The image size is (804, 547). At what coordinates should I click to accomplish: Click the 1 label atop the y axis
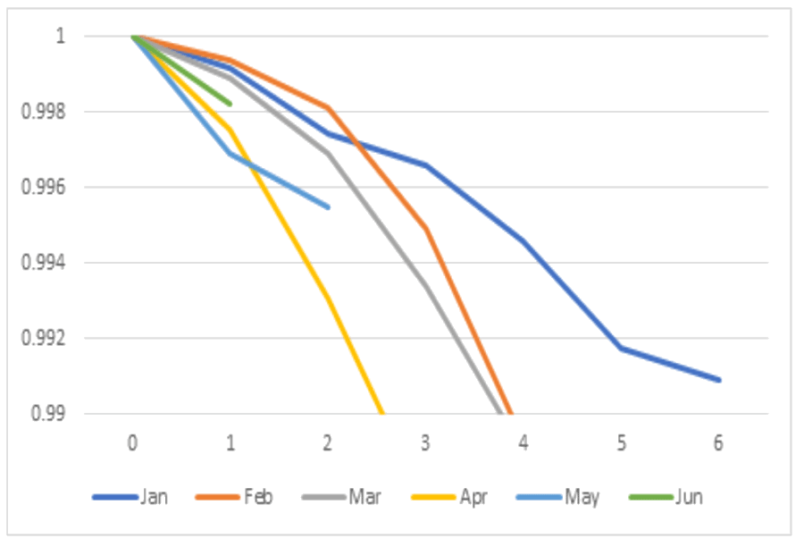tap(61, 37)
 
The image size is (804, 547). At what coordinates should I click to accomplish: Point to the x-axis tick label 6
tap(718, 443)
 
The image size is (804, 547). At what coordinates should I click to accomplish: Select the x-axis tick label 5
tap(621, 443)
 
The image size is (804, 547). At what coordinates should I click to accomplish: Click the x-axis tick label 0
tap(132, 443)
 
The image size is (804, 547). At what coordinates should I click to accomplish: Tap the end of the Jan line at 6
tap(719, 380)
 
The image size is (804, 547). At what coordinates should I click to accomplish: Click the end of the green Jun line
tap(230, 104)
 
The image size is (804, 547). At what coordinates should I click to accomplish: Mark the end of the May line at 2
tap(329, 206)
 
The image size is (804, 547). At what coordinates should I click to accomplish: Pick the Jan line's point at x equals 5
tap(621, 348)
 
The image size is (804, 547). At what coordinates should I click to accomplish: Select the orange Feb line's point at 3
tap(426, 228)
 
